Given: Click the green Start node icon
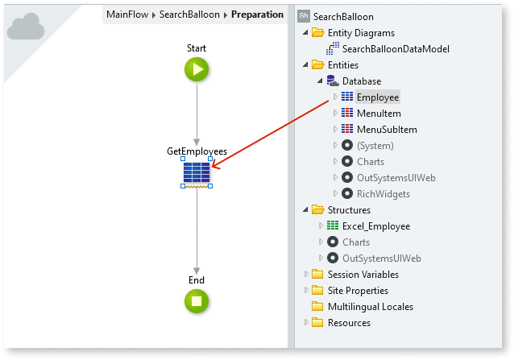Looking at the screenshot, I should [x=197, y=69].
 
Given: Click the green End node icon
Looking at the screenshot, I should [x=197, y=301].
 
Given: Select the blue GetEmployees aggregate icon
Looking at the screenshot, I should [x=197, y=172].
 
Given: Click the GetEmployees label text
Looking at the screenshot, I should [x=197, y=151].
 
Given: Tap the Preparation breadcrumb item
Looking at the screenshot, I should [x=257, y=14].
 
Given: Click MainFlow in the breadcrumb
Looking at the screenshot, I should [x=127, y=14].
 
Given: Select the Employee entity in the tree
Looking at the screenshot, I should [x=377, y=97].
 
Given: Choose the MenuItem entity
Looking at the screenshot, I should [x=379, y=114].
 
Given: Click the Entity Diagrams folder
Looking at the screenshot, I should [x=361, y=33].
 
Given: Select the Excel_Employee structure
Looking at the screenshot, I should [x=375, y=226].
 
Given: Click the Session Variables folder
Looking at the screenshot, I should [x=363, y=275].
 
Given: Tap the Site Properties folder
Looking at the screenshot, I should [x=358, y=291].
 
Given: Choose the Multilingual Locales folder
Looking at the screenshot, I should [x=370, y=307].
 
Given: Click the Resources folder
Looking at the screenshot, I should [x=349, y=323].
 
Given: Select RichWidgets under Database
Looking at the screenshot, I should [x=383, y=194].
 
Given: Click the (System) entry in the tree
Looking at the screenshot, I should [x=375, y=146].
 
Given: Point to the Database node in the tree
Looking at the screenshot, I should [x=361, y=81].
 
